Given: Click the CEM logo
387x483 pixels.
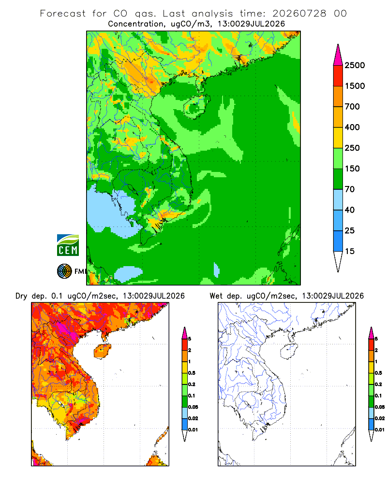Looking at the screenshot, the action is (x=68, y=245).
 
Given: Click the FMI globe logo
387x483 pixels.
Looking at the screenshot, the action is (x=64, y=271).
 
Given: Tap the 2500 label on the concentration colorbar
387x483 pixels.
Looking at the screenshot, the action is (x=355, y=65).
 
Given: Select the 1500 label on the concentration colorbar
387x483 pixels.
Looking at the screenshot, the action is (x=355, y=86).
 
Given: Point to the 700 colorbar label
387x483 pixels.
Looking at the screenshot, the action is (x=352, y=107).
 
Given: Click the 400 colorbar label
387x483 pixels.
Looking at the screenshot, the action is (x=352, y=127).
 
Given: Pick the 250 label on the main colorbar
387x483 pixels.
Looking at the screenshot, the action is (x=352, y=148).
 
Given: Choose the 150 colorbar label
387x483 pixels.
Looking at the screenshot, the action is (x=352, y=169).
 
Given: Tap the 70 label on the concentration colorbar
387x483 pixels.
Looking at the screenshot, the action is (x=350, y=189).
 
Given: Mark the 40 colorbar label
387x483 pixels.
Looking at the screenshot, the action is (x=350, y=210).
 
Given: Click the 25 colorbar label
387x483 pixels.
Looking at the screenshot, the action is (x=350, y=230).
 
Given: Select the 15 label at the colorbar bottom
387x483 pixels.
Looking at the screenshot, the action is (x=350, y=251).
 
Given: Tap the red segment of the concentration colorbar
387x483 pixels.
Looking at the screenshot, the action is (x=338, y=76).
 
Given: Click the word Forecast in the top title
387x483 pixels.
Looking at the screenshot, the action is (x=63, y=14).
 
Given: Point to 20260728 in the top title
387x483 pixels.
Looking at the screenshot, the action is (x=299, y=14).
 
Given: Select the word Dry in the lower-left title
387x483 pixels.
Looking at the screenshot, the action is (x=21, y=296).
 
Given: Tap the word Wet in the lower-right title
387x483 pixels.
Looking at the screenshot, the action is (x=216, y=296).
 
